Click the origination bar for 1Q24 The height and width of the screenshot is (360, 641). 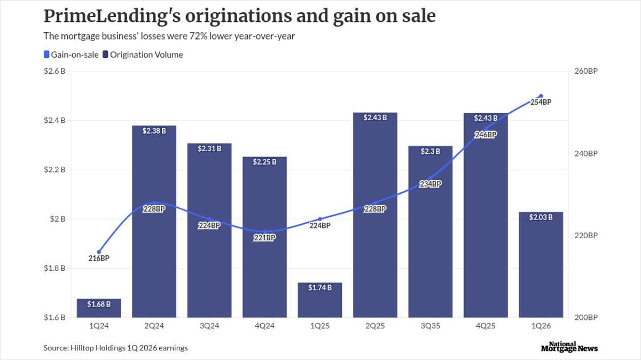(99, 309)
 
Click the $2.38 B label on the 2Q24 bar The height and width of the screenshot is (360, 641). (154, 130)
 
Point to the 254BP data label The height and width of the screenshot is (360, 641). (541, 102)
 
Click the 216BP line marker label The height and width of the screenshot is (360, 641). (99, 259)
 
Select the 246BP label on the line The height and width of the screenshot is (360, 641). (486, 135)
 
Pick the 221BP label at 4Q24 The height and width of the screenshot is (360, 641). (264, 238)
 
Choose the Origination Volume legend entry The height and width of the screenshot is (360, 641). (143, 54)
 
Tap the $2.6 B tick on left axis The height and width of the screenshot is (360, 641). (54, 71)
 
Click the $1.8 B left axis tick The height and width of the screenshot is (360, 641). (54, 268)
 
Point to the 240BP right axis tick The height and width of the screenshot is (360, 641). (585, 153)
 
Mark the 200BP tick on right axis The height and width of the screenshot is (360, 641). (585, 317)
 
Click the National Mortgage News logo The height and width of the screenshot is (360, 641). (569, 347)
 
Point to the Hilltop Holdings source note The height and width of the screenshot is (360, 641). (115, 348)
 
